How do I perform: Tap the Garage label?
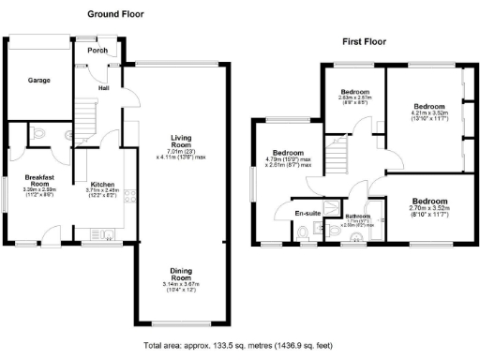click(x=38, y=81)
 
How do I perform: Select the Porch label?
click(x=97, y=51)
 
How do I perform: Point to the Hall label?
click(x=103, y=88)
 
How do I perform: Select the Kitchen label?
click(x=101, y=185)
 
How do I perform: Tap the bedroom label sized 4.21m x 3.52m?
click(x=429, y=106)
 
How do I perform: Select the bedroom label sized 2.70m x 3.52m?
click(x=429, y=202)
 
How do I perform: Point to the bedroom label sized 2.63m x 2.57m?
click(x=356, y=91)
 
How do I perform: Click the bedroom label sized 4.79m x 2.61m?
click(x=288, y=153)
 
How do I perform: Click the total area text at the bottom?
click(x=239, y=347)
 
